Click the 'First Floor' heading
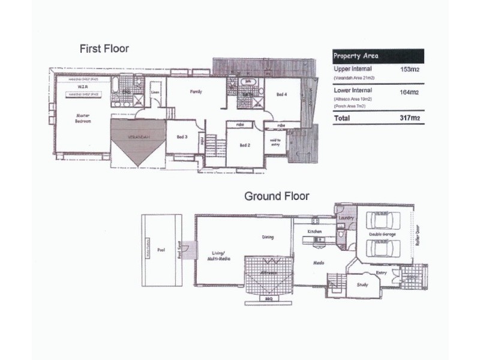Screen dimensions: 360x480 104,49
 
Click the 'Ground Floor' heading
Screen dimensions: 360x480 276,196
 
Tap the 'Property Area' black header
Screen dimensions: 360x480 356,56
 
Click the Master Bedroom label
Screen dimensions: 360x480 83,118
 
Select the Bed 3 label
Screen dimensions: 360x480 182,137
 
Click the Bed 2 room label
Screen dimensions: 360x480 244,145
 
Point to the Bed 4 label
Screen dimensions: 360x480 281,94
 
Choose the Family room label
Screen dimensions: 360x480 196,92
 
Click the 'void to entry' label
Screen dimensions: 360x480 275,142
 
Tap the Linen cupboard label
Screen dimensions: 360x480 155,92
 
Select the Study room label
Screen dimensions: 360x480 362,285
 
